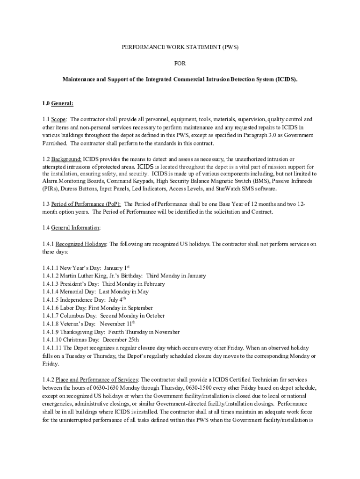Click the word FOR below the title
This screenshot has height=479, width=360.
pyautogui.click(x=180, y=63)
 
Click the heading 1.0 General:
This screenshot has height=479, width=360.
pyautogui.click(x=58, y=103)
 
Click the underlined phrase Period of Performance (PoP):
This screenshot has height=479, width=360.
pyautogui.click(x=86, y=204)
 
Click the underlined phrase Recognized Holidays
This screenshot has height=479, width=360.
pyautogui.click(x=81, y=244)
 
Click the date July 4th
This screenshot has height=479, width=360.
pyautogui.click(x=117, y=299)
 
